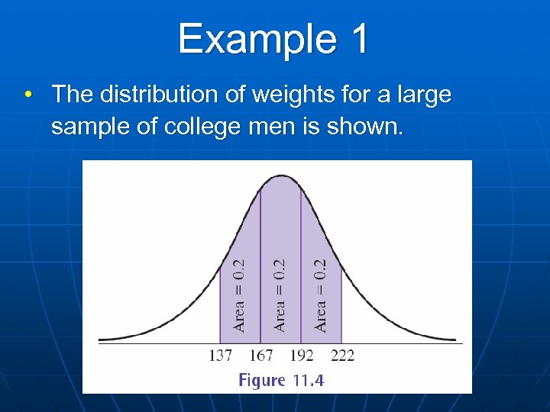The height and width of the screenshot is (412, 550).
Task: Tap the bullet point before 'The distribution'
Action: point(27,96)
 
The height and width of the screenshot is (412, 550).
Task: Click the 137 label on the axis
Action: point(220,356)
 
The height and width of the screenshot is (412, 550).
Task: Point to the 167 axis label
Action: point(260,356)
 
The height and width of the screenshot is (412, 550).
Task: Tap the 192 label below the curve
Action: point(301,356)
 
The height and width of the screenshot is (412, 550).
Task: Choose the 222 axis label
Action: point(341,356)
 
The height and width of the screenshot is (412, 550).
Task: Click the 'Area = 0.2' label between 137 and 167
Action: point(240,295)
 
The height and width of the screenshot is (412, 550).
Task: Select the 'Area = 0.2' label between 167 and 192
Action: point(280,295)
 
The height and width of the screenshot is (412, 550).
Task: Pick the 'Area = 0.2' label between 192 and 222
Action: point(320,295)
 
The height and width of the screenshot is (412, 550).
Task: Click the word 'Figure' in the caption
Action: point(263,380)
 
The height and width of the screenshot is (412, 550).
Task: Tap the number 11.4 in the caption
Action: point(308,380)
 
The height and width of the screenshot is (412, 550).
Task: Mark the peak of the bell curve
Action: point(280,177)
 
